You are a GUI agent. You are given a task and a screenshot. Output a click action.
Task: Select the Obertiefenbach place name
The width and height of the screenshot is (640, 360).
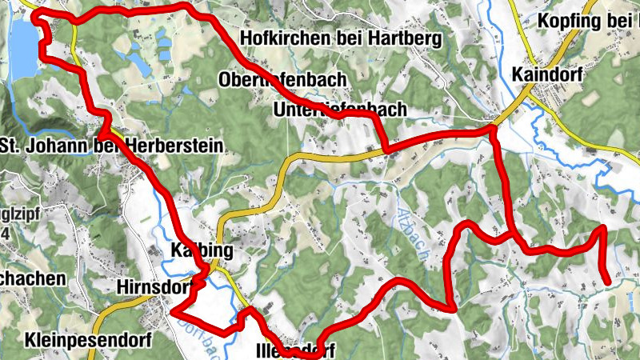[282, 79]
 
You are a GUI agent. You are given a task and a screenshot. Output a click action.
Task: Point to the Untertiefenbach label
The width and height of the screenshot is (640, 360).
[339, 110]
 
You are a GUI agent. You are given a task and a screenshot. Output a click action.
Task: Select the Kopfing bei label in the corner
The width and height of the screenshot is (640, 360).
[589, 20]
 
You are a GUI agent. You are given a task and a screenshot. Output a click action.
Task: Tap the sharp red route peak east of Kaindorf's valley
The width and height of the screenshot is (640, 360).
[602, 230]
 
